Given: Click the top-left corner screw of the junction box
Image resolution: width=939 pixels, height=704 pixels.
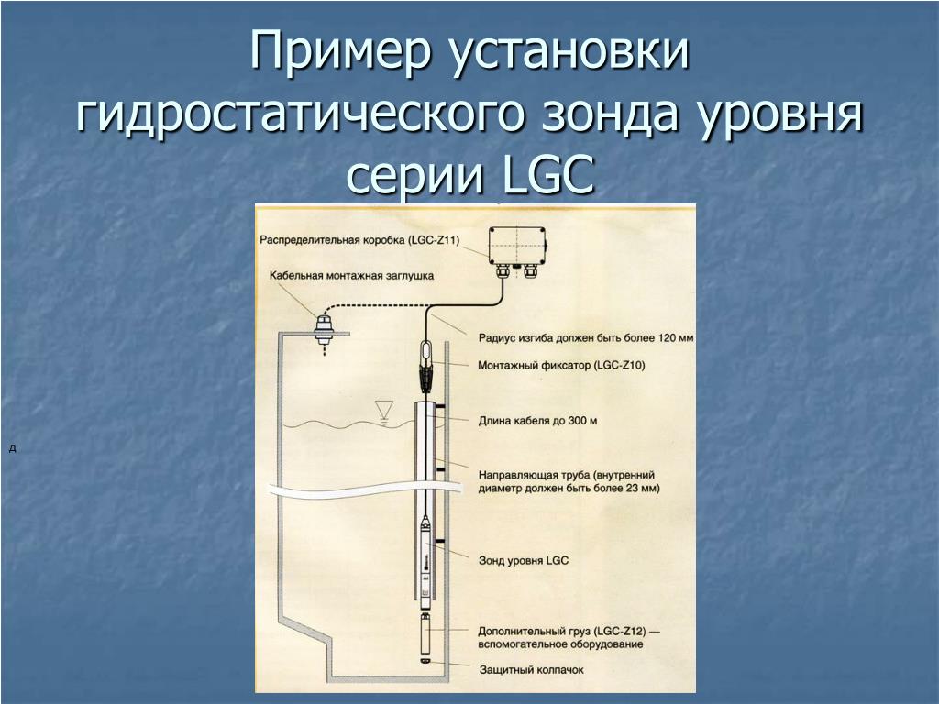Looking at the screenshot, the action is [x=492, y=230].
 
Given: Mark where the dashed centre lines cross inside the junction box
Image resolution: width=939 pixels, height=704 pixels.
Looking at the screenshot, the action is [x=515, y=245].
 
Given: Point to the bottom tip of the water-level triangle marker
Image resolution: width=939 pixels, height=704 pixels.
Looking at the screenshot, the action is [x=382, y=417].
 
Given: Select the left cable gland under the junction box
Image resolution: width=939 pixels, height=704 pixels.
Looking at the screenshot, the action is [x=502, y=270].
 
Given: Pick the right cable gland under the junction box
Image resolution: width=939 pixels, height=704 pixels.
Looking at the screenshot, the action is [x=530, y=270].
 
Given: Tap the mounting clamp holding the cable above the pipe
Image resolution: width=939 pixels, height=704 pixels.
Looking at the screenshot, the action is [x=425, y=366].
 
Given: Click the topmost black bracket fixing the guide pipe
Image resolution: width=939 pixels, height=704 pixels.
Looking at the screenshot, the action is [x=440, y=407].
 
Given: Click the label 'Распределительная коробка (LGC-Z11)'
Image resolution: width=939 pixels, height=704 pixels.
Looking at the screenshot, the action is [x=359, y=240].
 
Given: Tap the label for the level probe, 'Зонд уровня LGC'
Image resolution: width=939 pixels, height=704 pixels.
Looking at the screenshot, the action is [x=524, y=560].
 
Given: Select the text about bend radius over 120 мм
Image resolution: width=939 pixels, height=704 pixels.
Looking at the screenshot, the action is [x=586, y=337].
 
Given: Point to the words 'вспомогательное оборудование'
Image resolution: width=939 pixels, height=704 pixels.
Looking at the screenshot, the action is [x=560, y=644].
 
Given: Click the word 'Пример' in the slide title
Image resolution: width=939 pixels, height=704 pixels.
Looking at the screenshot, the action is [x=340, y=50].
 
